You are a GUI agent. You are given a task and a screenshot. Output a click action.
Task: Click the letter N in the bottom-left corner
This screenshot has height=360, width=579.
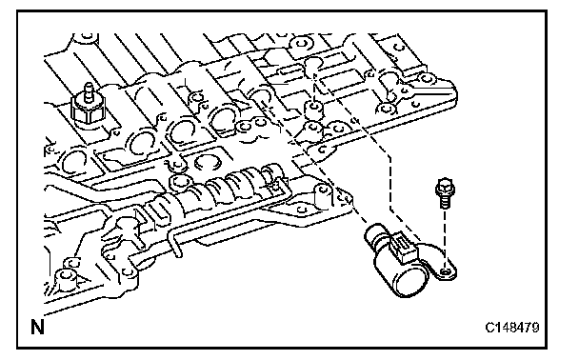[x=37, y=327]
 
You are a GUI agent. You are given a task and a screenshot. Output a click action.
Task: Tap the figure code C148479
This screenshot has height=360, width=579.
[x=512, y=327]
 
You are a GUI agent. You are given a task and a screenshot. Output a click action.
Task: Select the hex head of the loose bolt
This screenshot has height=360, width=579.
[x=445, y=188]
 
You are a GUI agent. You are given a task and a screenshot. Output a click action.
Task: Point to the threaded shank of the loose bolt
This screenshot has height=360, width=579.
[x=444, y=202]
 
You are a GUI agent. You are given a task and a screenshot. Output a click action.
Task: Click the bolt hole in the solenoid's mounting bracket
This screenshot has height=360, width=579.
[x=446, y=272]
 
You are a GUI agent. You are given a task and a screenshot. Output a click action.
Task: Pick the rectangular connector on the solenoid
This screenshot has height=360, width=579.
[x=405, y=247]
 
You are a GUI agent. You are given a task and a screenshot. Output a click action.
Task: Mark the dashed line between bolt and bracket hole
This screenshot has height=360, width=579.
[x=444, y=237]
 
